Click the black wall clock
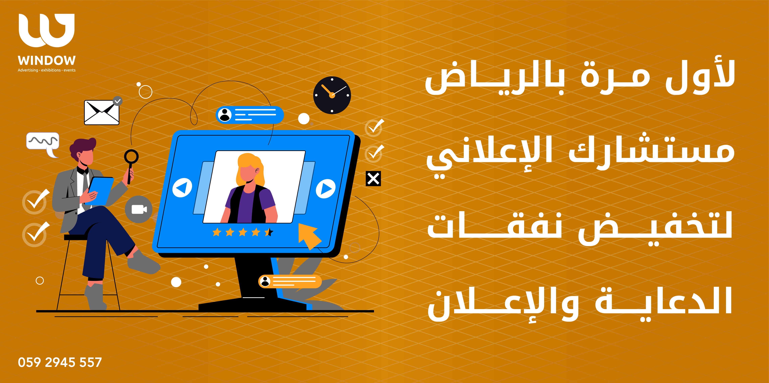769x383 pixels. coord(332,95)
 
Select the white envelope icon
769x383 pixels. coord(102,112)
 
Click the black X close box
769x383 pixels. coord(373,179)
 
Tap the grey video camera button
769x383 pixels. coord(139,209)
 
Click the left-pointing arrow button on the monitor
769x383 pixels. coord(182,188)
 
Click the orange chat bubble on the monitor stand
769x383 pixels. coord(290,281)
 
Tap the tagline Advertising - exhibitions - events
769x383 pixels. coord(47,70)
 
